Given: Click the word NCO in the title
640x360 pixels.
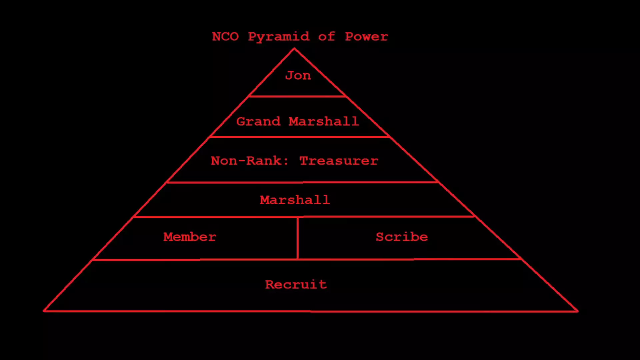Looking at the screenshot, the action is pyautogui.click(x=225, y=36).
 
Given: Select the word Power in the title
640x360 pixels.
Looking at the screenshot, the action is pyautogui.click(x=366, y=36).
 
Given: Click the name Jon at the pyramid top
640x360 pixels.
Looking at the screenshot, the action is pyautogui.click(x=298, y=75).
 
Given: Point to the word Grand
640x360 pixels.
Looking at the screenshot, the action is pyautogui.click(x=258, y=121).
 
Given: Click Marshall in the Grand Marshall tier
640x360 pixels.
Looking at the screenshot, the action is pyautogui.click(x=324, y=121).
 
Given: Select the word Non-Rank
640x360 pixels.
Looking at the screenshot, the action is pyautogui.click(x=249, y=161).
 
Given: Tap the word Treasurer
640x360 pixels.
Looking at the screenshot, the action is pyautogui.click(x=339, y=161).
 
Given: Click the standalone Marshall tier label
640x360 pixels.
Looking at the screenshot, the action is pyautogui.click(x=295, y=200).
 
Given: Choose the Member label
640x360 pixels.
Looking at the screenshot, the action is pyautogui.click(x=190, y=237).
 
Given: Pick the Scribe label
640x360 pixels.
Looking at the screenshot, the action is pyautogui.click(x=402, y=237).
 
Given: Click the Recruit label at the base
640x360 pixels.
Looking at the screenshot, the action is pyautogui.click(x=296, y=285).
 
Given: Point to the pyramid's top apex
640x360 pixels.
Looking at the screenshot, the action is pyautogui.click(x=294, y=49).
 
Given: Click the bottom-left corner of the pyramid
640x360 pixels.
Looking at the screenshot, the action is pyautogui.click(x=44, y=311).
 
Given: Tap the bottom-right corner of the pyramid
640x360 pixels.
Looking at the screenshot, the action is pyautogui.click(x=578, y=311).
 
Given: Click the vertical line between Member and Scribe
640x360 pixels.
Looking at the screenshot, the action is pyautogui.click(x=298, y=238).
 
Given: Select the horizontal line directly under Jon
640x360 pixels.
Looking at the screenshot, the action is pyautogui.click(x=297, y=96).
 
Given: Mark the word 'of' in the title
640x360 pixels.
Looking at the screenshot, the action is pyautogui.click(x=326, y=36).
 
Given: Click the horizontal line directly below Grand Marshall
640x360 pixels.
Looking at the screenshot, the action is pyautogui.click(x=299, y=137).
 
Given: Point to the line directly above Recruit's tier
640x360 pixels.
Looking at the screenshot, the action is pyautogui.click(x=307, y=259).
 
